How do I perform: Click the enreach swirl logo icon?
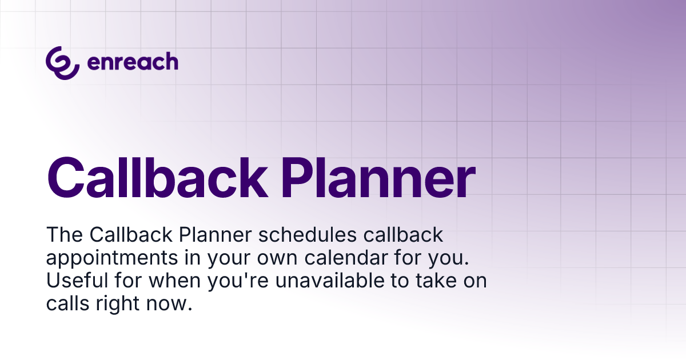coord(62,63)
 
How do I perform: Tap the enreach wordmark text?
coord(132,62)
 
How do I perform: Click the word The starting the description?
coord(65,235)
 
